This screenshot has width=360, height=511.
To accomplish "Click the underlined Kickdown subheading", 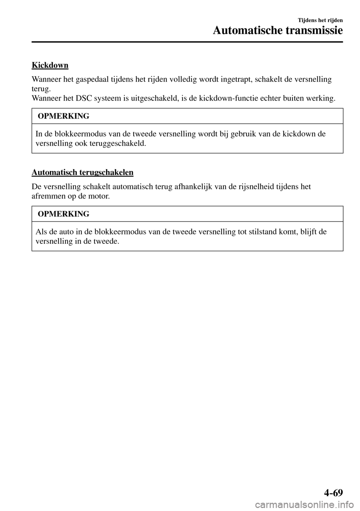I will point(50,65).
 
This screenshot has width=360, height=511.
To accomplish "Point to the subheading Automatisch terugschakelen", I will point(82,173).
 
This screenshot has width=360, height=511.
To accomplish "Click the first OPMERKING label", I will point(63,116).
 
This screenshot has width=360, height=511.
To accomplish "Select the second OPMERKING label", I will point(63,214).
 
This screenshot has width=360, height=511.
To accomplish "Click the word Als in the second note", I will point(41,231).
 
